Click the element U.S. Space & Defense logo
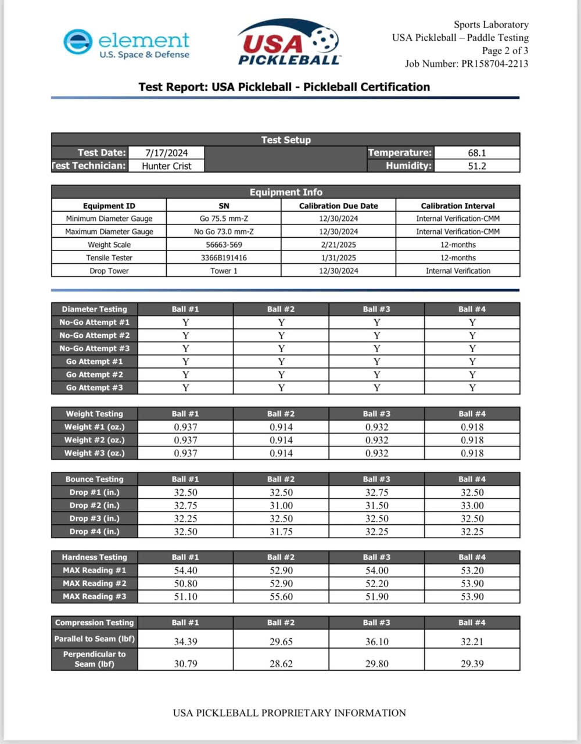click(x=127, y=44)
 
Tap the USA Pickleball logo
click(x=289, y=42)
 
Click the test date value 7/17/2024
click(x=166, y=153)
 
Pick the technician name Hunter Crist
click(x=166, y=166)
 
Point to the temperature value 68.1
click(x=476, y=153)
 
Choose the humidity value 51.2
click(x=476, y=166)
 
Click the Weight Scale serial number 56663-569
click(x=224, y=245)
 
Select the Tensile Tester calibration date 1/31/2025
click(x=338, y=257)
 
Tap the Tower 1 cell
click(x=224, y=271)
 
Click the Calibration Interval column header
click(x=458, y=206)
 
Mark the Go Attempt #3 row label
click(x=95, y=388)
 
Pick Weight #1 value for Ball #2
click(x=281, y=427)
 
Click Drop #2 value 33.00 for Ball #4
click(x=472, y=506)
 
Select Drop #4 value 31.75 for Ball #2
click(x=281, y=532)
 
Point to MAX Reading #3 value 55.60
click(x=281, y=597)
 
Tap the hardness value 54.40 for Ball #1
click(x=185, y=571)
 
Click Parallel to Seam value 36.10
click(x=376, y=642)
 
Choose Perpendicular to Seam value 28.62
click(x=281, y=664)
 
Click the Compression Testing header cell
click(x=95, y=623)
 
